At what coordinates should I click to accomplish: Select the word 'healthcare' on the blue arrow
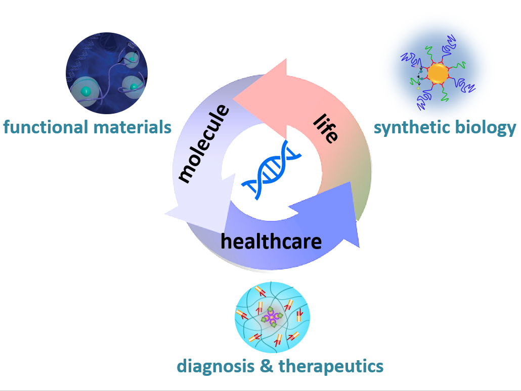(271, 241)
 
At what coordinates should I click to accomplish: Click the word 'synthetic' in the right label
(410, 127)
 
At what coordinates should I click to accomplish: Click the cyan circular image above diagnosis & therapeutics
(272, 317)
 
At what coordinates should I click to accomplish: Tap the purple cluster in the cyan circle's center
(272, 318)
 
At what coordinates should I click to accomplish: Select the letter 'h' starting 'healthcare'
(226, 240)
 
